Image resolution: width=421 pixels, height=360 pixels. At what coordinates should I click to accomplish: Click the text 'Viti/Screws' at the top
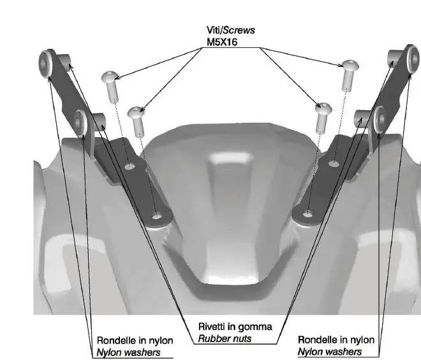(x=223, y=31)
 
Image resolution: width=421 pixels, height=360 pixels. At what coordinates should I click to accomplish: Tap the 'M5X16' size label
(x=221, y=42)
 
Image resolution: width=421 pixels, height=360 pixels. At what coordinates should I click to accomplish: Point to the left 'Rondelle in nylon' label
(x=129, y=340)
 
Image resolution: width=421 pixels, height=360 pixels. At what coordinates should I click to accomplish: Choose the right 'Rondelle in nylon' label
(x=336, y=340)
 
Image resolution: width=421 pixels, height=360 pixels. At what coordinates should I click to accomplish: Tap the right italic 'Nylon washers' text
(x=330, y=351)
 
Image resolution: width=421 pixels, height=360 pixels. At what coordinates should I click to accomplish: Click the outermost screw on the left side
(x=110, y=86)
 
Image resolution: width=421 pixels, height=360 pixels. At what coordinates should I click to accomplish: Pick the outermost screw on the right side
(x=349, y=72)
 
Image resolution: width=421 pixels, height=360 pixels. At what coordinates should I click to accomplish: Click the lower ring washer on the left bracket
(x=81, y=120)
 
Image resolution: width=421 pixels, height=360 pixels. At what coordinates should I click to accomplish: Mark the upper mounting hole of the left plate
(x=129, y=167)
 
